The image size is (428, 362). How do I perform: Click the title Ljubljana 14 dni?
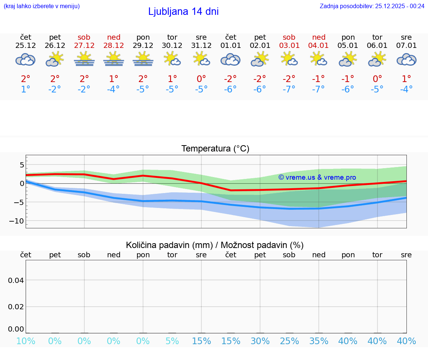pyautogui.click(x=183, y=12)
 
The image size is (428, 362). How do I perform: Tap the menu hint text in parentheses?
pyautogui.click(x=42, y=6)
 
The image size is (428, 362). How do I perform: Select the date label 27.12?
pyautogui.click(x=84, y=45)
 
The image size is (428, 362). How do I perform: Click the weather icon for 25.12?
pyautogui.click(x=26, y=59)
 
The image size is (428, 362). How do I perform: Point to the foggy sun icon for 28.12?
pyautogui.click(x=113, y=59)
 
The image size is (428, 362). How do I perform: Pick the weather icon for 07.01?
pyautogui.click(x=406, y=59)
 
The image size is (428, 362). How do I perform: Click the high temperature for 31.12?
pyautogui.click(x=201, y=79)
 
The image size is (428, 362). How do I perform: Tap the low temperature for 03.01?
pyautogui.click(x=289, y=89)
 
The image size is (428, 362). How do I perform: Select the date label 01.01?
pyautogui.click(x=231, y=45)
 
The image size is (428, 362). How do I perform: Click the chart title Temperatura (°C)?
pyautogui.click(x=215, y=149)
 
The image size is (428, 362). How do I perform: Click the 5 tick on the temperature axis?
pyautogui.click(x=22, y=164)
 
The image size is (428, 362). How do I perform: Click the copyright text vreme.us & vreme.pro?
pyautogui.click(x=317, y=177)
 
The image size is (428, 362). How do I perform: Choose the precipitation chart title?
pyautogui.click(x=215, y=245)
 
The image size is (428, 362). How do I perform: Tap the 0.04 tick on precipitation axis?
pyautogui.click(x=16, y=280)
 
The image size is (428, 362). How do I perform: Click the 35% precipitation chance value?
pyautogui.click(x=319, y=341)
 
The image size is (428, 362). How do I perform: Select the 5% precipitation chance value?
pyautogui.click(x=172, y=341)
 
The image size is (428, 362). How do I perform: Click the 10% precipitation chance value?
pyautogui.click(x=26, y=341)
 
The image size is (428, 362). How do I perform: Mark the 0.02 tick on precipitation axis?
pyautogui.click(x=16, y=306)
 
